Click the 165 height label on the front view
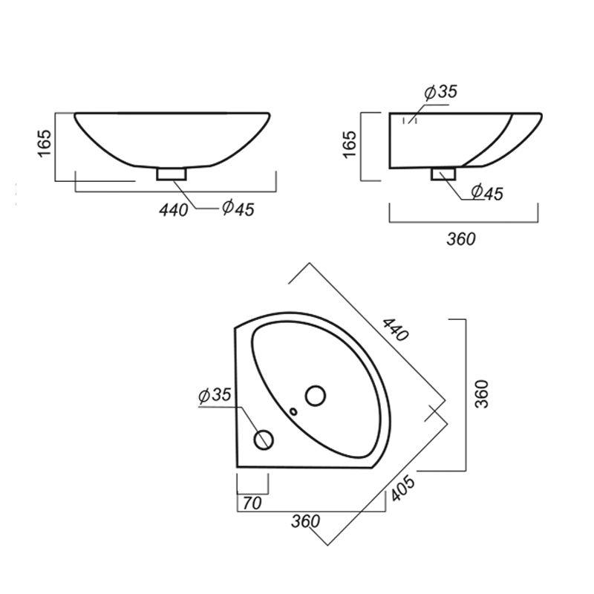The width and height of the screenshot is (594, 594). (45, 143)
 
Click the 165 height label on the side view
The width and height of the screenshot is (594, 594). (350, 144)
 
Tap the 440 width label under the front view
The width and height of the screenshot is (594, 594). (174, 210)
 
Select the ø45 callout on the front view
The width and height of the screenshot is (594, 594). (238, 209)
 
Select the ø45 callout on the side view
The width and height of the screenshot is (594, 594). (487, 192)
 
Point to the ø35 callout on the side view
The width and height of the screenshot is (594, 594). (441, 91)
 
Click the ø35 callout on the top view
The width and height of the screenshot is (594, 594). (215, 395)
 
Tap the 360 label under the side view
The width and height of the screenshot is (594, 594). (461, 239)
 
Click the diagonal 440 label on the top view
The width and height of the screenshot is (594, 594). (396, 330)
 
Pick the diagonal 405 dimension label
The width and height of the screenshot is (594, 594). (402, 489)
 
